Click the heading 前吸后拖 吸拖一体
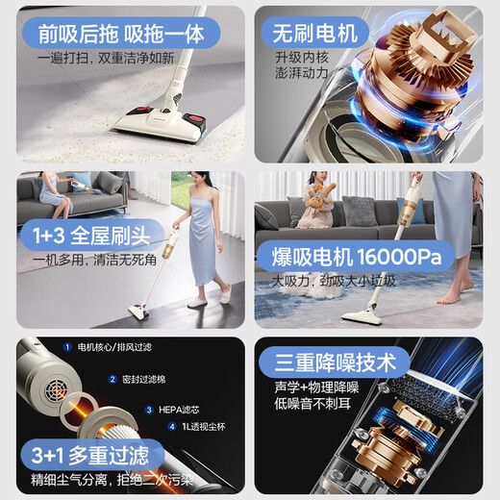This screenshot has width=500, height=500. (x=120, y=34)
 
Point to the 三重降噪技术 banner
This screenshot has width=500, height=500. (x=335, y=362)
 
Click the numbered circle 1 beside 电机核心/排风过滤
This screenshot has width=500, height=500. (x=68, y=346)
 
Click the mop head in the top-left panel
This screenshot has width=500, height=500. (x=148, y=121)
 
